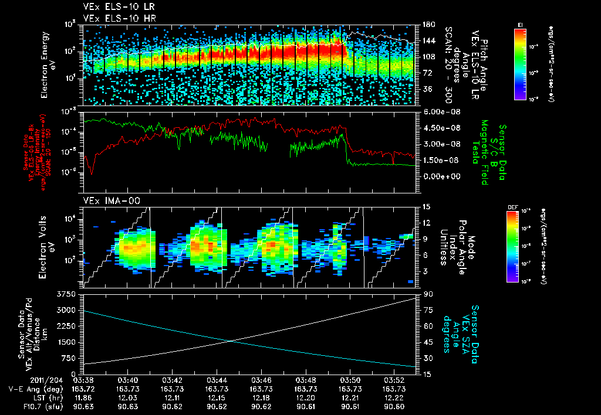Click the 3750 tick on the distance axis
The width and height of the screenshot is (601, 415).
pos(69,294)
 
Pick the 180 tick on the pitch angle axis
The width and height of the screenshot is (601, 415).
pos(427,25)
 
